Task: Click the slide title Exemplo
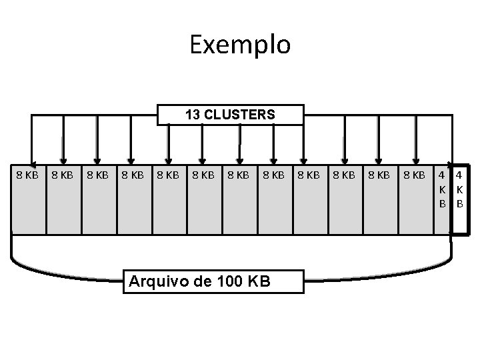[x=240, y=45]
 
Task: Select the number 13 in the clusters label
[x=192, y=115]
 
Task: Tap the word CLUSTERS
[x=239, y=115]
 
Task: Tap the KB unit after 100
[x=259, y=281]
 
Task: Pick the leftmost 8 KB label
[x=27, y=175]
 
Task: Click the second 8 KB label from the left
[x=62, y=175]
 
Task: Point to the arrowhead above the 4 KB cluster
[x=451, y=157]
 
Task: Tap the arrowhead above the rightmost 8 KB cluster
[x=415, y=157]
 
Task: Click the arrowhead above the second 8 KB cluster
[x=64, y=157]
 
